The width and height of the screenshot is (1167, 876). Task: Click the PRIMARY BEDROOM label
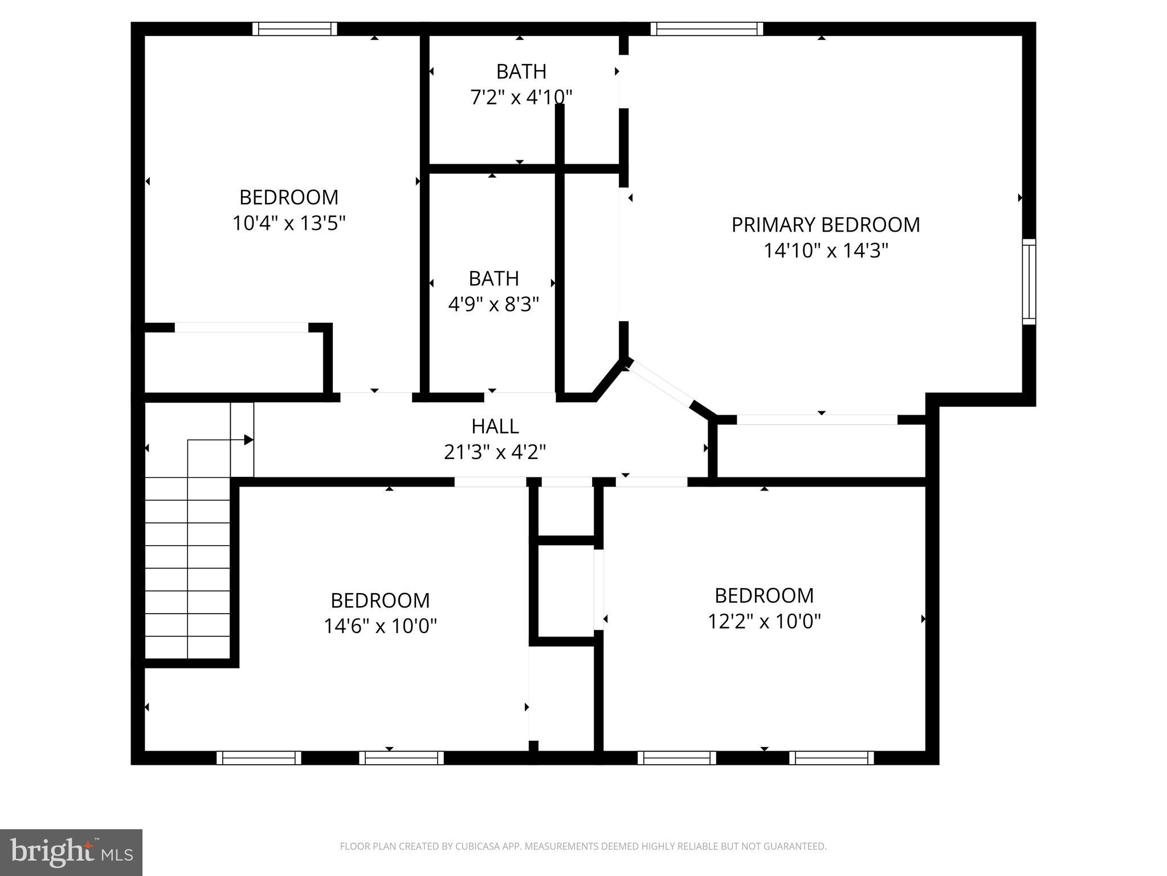(825, 225)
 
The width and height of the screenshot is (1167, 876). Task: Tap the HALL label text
(495, 427)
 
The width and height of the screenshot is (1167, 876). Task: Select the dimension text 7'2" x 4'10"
(521, 97)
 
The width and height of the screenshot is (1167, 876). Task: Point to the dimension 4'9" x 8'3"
(493, 305)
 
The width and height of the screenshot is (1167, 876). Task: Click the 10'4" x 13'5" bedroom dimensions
(289, 223)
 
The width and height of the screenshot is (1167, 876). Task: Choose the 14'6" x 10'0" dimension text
(380, 626)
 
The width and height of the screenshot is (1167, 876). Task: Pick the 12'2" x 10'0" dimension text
(764, 621)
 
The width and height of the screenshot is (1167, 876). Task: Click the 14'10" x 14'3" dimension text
(826, 250)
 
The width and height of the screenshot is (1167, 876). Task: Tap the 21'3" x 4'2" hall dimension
(495, 452)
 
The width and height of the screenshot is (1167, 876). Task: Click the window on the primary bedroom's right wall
(1029, 282)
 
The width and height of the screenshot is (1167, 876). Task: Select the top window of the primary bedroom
(706, 29)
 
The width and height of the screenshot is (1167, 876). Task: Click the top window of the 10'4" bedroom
(295, 29)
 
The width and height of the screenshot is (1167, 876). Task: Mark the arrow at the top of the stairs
(248, 440)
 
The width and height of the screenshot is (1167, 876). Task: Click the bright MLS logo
(71, 853)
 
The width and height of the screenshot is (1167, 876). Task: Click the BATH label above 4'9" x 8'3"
(493, 279)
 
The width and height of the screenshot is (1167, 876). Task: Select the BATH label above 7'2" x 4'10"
(521, 72)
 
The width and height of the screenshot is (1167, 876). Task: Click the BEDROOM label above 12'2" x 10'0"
(764, 595)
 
